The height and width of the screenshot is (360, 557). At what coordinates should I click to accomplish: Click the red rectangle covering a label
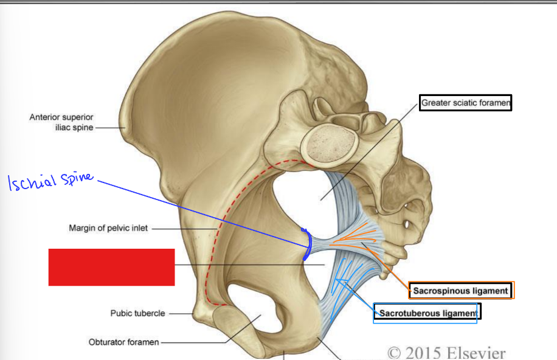click(111, 266)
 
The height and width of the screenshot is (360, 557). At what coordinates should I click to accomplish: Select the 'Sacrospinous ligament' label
click(461, 291)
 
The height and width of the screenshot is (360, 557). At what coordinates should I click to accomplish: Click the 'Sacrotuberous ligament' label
click(426, 313)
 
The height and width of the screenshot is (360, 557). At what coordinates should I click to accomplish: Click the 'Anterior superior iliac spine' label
click(61, 122)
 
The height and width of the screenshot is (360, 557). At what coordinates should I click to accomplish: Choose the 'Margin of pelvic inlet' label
click(108, 229)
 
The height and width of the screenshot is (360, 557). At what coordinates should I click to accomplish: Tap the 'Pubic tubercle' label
click(137, 314)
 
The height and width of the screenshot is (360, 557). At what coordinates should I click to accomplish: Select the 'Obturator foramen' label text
click(123, 342)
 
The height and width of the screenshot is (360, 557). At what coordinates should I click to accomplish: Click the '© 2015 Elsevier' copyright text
click(446, 352)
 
